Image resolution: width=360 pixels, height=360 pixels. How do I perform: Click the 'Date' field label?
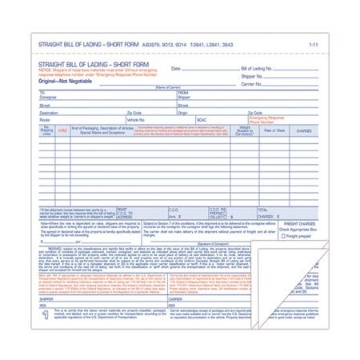coord(177,69)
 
